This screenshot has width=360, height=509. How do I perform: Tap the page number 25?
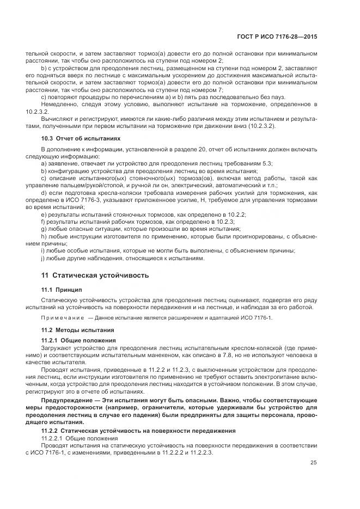[313, 463]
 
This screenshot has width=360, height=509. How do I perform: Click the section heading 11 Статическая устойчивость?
[95, 275]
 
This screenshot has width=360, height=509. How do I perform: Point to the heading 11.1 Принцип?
[60, 290]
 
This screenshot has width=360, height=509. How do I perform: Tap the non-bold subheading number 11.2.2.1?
[53, 437]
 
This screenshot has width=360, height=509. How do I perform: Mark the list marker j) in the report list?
[44, 257]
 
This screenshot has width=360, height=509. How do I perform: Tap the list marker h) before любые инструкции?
[44, 236]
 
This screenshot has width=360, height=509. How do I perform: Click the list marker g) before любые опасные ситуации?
[44, 229]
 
